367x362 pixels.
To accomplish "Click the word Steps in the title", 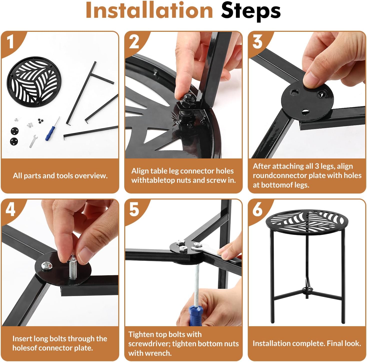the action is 251,12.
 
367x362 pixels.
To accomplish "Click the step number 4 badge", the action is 10,210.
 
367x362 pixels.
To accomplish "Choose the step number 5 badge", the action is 134,210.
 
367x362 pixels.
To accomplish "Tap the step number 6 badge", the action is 257,210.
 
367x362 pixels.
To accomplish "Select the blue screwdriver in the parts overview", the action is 52,129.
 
